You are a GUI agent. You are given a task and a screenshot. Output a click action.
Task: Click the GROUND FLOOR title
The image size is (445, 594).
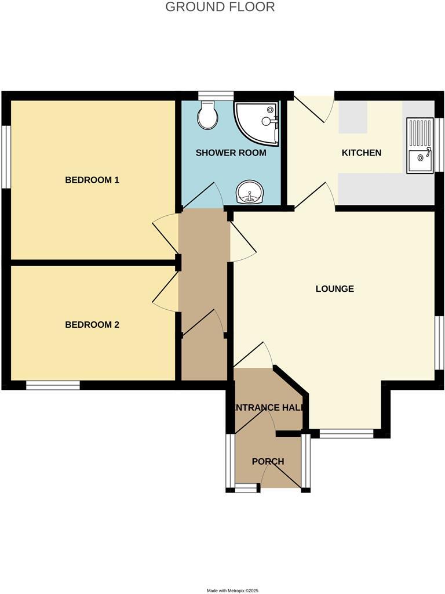[220, 7]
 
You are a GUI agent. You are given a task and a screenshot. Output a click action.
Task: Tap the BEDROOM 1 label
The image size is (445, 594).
[92, 180]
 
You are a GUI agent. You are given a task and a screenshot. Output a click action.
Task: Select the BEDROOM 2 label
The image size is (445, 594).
[92, 325]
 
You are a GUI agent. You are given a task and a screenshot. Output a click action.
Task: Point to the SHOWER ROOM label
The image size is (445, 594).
[231, 153]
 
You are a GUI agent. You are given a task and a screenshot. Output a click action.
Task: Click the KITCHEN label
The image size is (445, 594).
[362, 153]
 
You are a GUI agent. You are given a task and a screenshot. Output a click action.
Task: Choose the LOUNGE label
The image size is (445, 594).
[334, 289]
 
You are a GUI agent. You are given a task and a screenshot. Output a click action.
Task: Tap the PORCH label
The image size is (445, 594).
[268, 462]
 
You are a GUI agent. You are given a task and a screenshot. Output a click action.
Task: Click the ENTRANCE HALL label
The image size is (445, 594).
[268, 408]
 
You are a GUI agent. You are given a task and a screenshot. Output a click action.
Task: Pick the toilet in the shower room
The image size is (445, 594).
[207, 115]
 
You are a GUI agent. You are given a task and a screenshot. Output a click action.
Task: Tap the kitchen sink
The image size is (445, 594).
[420, 146]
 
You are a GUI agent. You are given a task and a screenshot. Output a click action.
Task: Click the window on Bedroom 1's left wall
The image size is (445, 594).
[6, 157]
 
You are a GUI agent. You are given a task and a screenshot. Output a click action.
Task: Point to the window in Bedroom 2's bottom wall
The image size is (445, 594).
[53, 385]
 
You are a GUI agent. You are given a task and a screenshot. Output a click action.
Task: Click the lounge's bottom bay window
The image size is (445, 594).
[346, 433]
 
